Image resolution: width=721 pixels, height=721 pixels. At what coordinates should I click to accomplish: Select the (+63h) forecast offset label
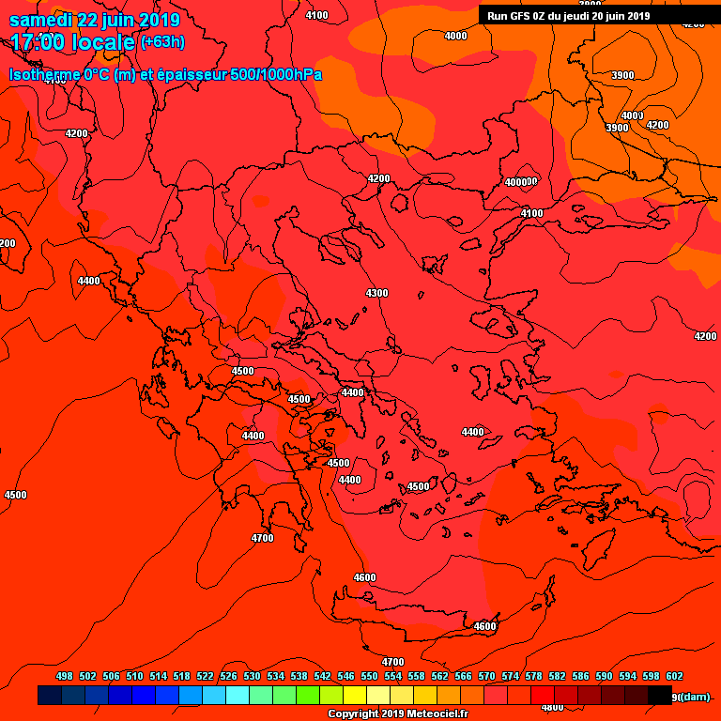point(162,42)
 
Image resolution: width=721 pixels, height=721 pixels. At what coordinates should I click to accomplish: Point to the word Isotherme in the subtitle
point(43,74)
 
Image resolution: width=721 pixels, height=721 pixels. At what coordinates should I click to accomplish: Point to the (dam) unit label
point(695,697)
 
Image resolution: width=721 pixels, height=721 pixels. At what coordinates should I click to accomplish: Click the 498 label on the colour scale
point(65,676)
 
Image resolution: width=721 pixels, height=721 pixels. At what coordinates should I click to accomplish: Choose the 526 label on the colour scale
point(228,676)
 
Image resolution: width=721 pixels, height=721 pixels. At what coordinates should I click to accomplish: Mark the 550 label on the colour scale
point(369,676)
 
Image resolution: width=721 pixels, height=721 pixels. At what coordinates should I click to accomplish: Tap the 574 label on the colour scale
point(510,676)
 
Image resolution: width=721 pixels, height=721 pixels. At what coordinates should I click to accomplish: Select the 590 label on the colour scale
point(604,676)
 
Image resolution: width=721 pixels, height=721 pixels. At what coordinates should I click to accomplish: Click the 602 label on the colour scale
point(674,676)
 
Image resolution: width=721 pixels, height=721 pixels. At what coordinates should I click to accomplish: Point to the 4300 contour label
point(376,294)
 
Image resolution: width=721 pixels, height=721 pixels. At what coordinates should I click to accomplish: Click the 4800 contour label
point(553,707)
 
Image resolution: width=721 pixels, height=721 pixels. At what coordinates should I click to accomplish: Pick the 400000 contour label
point(521,182)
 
